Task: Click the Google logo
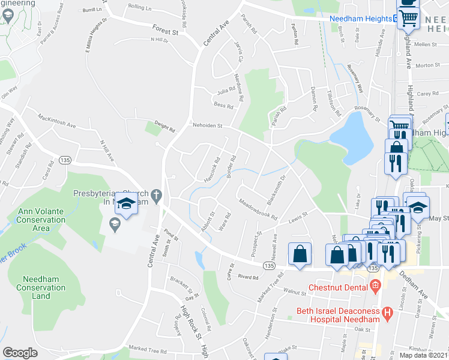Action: (x=20, y=352)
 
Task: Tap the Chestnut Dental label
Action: (x=337, y=287)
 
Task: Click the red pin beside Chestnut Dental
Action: (x=375, y=285)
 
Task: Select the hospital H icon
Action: (x=387, y=313)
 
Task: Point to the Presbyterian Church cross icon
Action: (x=155, y=196)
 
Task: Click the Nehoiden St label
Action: (x=207, y=126)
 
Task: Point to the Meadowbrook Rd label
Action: (x=258, y=209)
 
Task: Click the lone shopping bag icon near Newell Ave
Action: (x=299, y=253)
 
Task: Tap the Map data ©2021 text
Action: (x=424, y=355)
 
